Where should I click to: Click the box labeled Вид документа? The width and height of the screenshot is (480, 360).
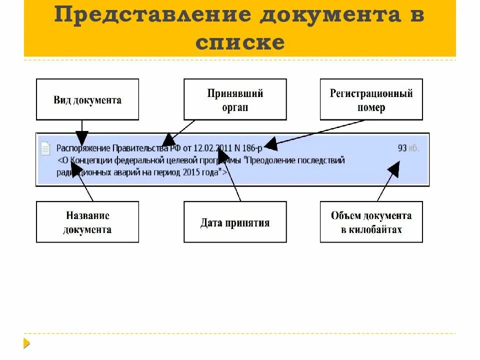click(x=87, y=99)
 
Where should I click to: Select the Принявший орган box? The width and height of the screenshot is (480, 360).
click(x=235, y=99)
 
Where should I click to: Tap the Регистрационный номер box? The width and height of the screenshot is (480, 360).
click(x=371, y=99)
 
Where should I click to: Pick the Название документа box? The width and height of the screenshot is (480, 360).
click(x=87, y=222)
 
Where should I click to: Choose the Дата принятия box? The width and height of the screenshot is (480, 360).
click(x=235, y=222)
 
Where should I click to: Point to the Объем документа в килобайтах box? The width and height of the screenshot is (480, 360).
click(x=371, y=222)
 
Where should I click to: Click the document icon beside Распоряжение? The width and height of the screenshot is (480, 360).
click(x=45, y=148)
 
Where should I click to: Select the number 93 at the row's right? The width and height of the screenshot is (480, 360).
click(x=402, y=148)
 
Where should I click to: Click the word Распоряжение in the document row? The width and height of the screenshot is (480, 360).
click(x=83, y=148)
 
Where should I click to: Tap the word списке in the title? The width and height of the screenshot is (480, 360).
click(x=240, y=42)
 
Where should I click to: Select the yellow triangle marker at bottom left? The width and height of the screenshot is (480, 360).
click(x=26, y=343)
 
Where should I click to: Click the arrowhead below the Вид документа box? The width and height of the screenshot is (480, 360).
click(x=82, y=138)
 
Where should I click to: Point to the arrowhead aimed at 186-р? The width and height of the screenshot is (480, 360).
click(x=270, y=144)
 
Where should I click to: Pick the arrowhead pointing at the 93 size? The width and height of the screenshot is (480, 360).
click(x=394, y=168)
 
